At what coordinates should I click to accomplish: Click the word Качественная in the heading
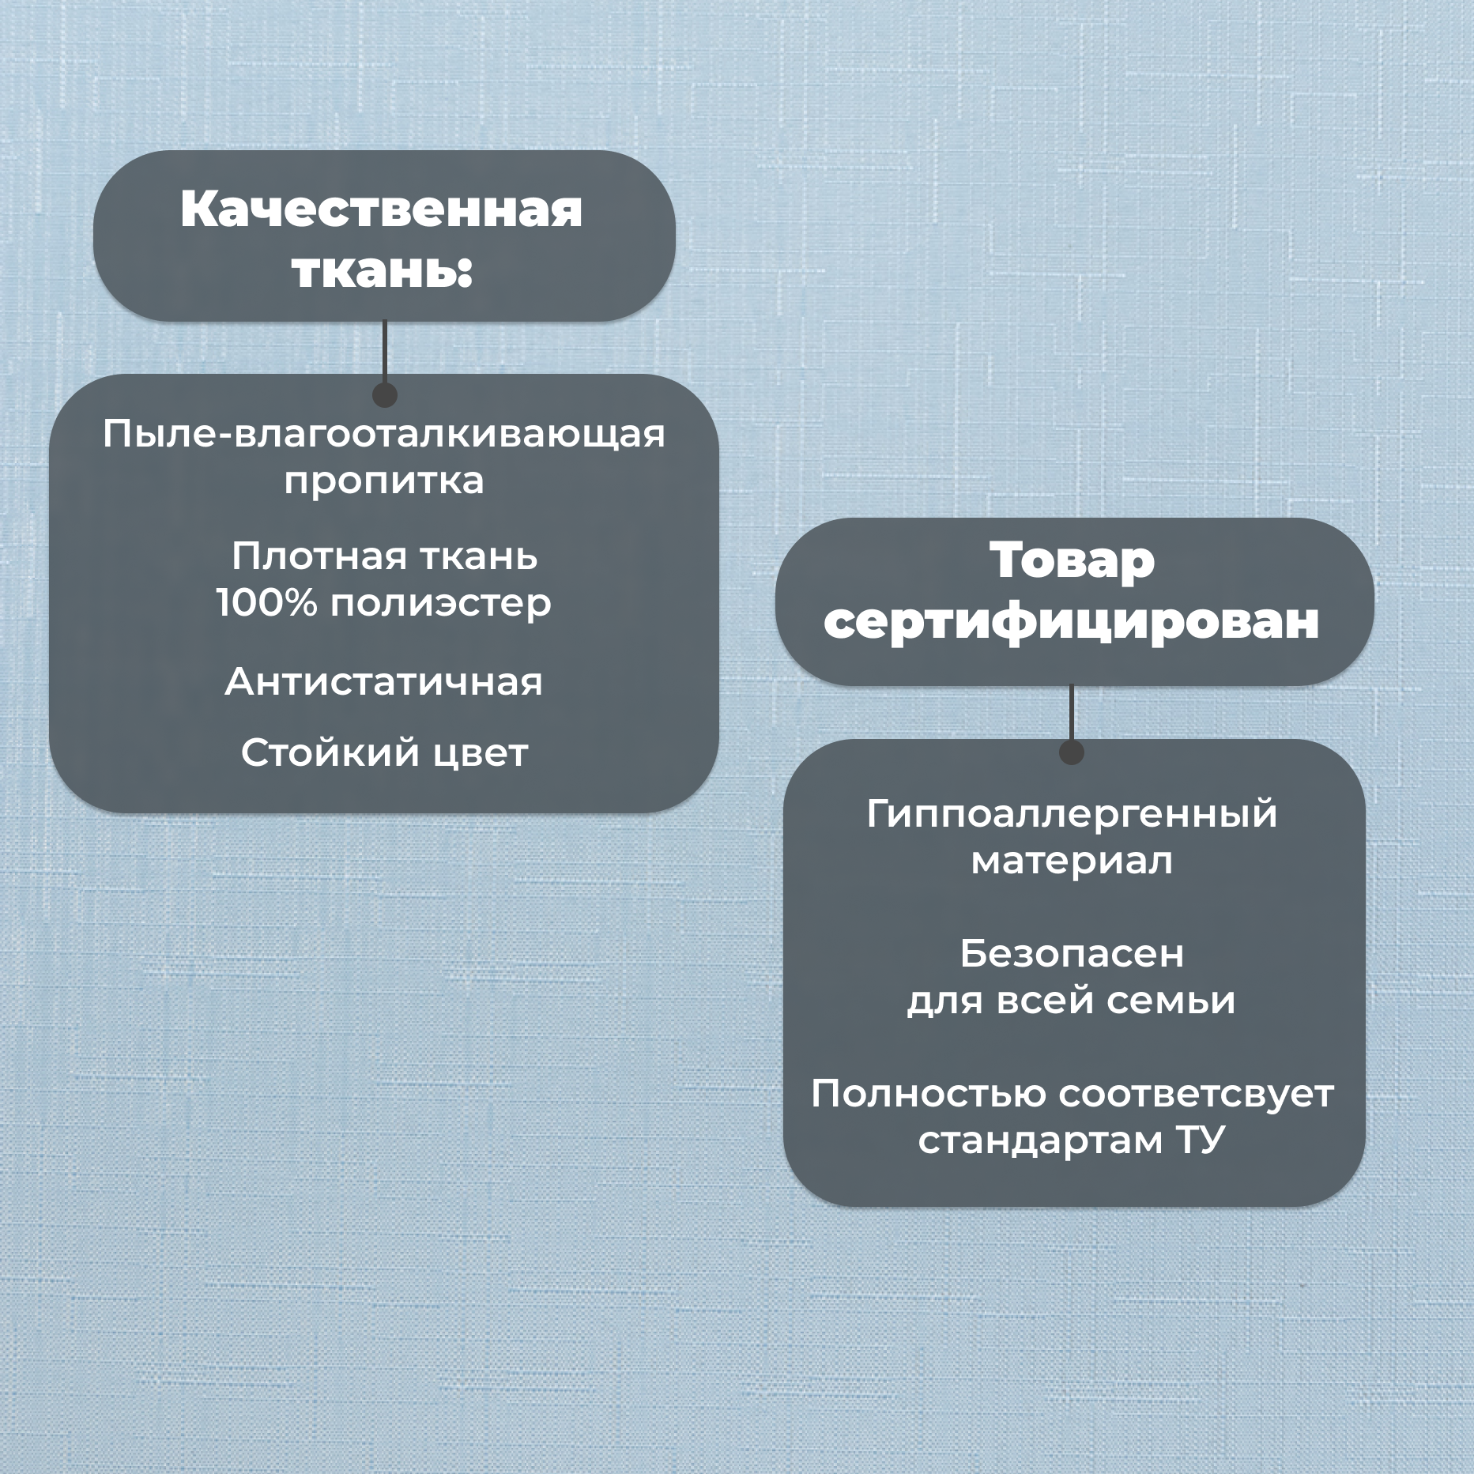[x=382, y=209]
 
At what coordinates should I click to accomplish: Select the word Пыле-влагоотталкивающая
[x=384, y=434]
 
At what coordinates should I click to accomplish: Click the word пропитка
[x=384, y=481]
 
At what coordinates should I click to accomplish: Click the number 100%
[x=267, y=604]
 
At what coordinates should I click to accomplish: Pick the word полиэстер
[x=440, y=604]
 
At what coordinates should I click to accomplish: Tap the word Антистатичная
[x=384, y=682]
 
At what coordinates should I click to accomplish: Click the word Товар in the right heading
[x=1072, y=560]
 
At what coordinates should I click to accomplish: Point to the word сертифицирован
[x=1072, y=622]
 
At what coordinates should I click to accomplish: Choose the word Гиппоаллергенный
[x=1072, y=814]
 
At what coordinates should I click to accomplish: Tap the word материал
[x=1072, y=861]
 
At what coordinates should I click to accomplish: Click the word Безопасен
[x=1072, y=954]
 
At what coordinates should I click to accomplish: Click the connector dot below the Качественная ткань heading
[x=384, y=394]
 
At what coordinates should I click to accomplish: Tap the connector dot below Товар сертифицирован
[x=1072, y=752]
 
